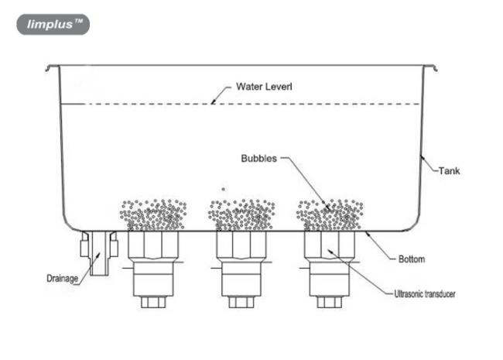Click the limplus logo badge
point(53,24)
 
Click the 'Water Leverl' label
point(264,87)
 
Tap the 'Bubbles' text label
point(259,159)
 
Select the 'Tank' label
point(449,170)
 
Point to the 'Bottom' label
point(412,259)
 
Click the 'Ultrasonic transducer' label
point(424,293)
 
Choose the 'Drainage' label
point(62,278)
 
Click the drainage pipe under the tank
point(99,253)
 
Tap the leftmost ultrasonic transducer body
point(153,263)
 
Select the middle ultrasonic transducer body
point(241,263)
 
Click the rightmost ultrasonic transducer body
point(330,263)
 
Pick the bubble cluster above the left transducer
point(153,214)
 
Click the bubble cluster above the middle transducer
point(241,214)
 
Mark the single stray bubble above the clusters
point(224,190)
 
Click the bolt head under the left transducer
point(153,302)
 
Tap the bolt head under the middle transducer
point(241,302)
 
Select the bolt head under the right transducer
point(330,302)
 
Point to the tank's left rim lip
point(52,67)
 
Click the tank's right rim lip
point(430,67)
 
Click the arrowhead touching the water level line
point(213,101)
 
